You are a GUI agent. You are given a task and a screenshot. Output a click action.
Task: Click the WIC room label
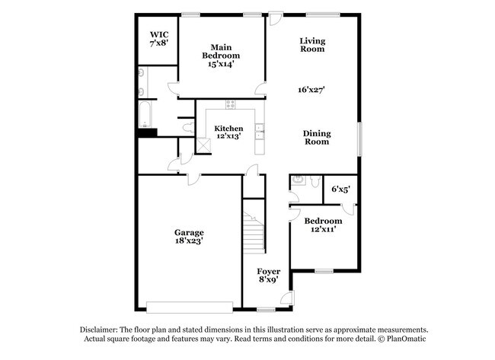click(x=158, y=34)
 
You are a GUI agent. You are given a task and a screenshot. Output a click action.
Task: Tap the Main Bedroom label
click(x=221, y=51)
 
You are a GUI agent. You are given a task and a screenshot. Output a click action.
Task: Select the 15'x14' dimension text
click(x=221, y=65)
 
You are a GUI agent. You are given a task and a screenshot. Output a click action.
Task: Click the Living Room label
click(x=312, y=45)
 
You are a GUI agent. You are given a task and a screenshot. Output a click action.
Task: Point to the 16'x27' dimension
click(x=312, y=90)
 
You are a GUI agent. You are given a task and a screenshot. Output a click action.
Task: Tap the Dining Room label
click(x=317, y=137)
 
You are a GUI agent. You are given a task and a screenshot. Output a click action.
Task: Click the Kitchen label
click(x=228, y=128)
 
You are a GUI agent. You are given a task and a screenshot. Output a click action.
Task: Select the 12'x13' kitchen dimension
click(x=228, y=137)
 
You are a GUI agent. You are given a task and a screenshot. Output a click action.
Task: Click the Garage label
click(x=189, y=232)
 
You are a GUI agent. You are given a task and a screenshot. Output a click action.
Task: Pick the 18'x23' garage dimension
click(x=189, y=241)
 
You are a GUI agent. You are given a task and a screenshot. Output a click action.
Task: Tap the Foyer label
click(x=268, y=271)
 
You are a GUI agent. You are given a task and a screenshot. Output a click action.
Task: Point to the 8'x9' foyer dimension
click(x=268, y=280)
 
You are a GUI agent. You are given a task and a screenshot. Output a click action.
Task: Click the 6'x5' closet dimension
click(x=340, y=189)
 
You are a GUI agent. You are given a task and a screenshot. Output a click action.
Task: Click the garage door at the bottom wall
click(x=189, y=307)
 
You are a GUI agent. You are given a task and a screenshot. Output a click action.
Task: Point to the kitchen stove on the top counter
click(x=230, y=105)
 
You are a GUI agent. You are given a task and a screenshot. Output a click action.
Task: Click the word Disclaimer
click(x=102, y=330)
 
